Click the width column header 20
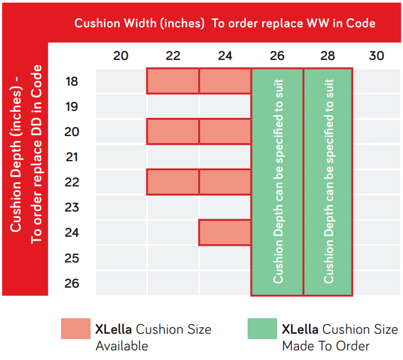(121, 56)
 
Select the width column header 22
(173, 56)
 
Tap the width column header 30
(377, 56)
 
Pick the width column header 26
(277, 56)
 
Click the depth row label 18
(71, 81)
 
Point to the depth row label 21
(71, 157)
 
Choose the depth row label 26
(71, 283)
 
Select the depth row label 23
(71, 207)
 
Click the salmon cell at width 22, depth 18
(173, 81)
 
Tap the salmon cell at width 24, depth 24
(225, 232)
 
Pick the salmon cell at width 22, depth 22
(173, 182)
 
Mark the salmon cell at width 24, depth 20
(225, 132)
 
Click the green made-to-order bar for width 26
(277, 182)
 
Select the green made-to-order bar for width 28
(328, 182)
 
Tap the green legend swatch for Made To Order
(262, 329)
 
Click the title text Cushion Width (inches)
(139, 23)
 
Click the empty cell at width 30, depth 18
(377, 81)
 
